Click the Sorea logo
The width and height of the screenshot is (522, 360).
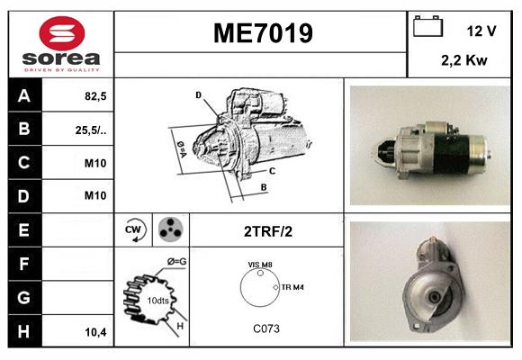coord(61,44)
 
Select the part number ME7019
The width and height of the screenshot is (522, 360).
coord(262,33)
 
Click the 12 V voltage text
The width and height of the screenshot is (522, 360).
coord(481,31)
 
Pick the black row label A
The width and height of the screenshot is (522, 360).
coord(24,94)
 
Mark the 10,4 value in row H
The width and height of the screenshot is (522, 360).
coord(95,331)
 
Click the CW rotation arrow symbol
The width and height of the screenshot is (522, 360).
coord(134,229)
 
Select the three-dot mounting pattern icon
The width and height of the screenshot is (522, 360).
coord(170,229)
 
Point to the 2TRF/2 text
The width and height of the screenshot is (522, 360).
coord(268,230)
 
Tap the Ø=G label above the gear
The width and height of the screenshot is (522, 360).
coord(176,262)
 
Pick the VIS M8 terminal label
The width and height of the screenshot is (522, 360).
coord(261,264)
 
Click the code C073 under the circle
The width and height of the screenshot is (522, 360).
coord(265,328)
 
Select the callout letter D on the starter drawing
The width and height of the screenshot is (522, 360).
coord(197,94)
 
